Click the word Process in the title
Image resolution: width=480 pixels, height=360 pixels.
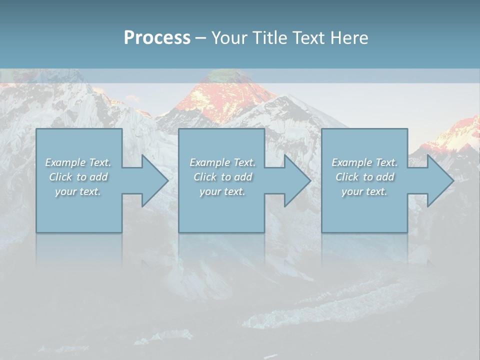(x=157, y=38)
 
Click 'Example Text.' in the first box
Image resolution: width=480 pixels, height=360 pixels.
(x=78, y=162)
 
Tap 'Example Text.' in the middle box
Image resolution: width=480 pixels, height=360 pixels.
(x=222, y=162)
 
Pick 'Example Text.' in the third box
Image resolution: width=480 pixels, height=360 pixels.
(x=364, y=162)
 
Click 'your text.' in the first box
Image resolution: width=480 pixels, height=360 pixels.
(x=78, y=191)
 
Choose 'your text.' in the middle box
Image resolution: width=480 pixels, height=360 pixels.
(x=222, y=191)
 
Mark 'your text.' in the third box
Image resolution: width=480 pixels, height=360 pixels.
(x=364, y=191)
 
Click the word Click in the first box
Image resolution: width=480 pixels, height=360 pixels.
(x=60, y=177)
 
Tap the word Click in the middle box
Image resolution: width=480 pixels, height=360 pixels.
(x=204, y=177)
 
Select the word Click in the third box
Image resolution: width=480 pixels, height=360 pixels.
(x=347, y=177)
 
